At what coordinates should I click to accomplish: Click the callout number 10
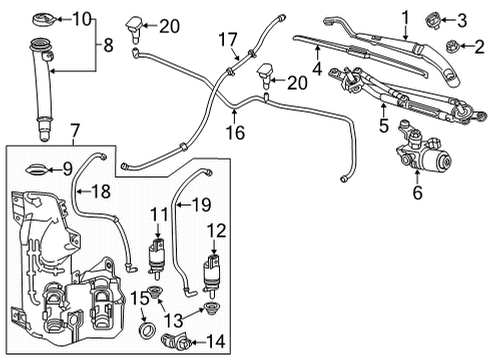tap(81, 17)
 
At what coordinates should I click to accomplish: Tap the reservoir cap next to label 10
tap(45, 18)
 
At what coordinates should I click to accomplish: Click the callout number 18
tap(101, 190)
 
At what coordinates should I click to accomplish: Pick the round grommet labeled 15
tap(146, 329)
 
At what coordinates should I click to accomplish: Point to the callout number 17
tap(229, 40)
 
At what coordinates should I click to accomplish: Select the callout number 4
tap(317, 70)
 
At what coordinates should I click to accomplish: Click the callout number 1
tap(406, 15)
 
